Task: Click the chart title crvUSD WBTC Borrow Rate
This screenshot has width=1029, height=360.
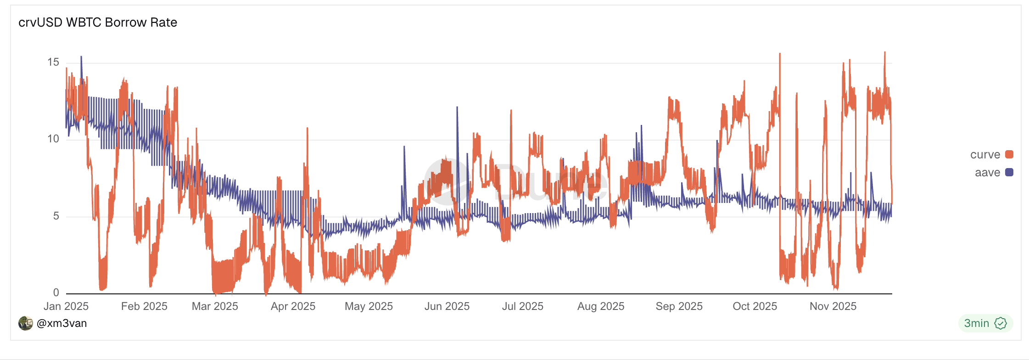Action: tap(98, 22)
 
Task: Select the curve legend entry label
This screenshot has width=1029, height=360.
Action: tap(985, 155)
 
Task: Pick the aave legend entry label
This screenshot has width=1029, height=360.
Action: tap(987, 173)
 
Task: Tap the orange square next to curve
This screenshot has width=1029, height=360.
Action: tap(1009, 154)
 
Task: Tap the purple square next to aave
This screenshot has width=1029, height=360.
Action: tap(1009, 172)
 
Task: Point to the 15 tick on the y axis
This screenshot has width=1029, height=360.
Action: tap(53, 62)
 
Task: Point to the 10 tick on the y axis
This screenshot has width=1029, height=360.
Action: tap(53, 139)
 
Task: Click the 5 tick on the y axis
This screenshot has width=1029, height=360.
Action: tap(56, 216)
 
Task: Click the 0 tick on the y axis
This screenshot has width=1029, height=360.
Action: tap(56, 292)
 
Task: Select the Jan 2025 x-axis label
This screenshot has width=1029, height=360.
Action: tap(66, 306)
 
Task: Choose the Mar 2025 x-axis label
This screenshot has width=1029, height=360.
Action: tap(215, 306)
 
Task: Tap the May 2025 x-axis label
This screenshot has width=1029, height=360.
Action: tap(369, 306)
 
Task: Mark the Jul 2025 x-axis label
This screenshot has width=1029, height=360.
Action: tap(522, 306)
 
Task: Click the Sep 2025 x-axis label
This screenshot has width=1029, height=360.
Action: tap(679, 306)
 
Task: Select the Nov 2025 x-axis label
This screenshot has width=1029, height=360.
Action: tap(833, 306)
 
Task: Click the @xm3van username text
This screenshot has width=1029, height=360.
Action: tap(62, 323)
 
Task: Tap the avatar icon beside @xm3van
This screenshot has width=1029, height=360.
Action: tap(26, 323)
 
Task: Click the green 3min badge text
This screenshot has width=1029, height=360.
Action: tap(976, 323)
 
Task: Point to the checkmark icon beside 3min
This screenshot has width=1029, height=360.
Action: tap(1001, 323)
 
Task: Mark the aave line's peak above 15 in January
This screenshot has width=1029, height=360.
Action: tap(81, 57)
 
